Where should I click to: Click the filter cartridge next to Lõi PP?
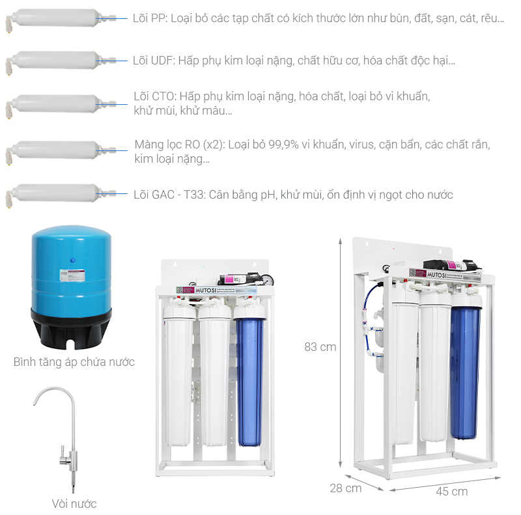click(x=55, y=19)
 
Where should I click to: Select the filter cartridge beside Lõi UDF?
click(x=55, y=61)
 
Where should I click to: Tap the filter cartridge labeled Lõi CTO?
click(x=55, y=104)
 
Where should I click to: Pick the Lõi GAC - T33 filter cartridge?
click(x=55, y=194)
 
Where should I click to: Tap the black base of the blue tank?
click(x=71, y=329)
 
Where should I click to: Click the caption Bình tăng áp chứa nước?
click(x=74, y=362)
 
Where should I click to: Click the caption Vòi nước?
click(x=74, y=503)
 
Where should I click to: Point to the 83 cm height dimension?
click(x=320, y=347)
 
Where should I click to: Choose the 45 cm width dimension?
click(x=451, y=492)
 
